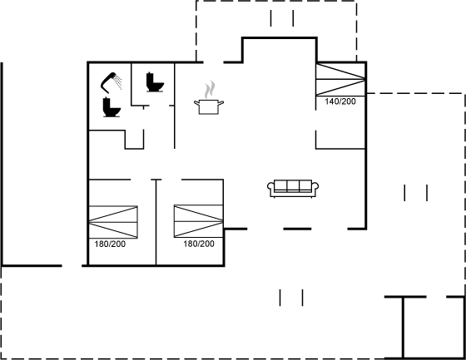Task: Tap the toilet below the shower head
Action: pos(112,107)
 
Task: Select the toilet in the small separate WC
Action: pos(155,82)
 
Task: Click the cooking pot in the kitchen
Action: pos(209,106)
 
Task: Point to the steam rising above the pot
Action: pos(210,89)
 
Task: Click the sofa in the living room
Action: pos(293,189)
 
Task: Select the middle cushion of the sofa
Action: pos(293,185)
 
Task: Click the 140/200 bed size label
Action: pos(340,101)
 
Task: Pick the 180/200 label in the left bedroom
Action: pos(110,244)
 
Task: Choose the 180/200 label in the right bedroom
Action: pos(199,244)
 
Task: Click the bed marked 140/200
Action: pos(340,79)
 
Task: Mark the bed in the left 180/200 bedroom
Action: pos(113,222)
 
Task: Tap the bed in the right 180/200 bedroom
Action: pos(199,221)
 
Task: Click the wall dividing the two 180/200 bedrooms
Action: pos(156,222)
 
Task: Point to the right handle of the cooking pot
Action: pos(221,103)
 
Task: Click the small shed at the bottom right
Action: pos(425,328)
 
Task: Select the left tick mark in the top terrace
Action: pos(270,18)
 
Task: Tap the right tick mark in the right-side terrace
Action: pos(427,193)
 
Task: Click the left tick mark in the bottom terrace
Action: pos(280,298)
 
